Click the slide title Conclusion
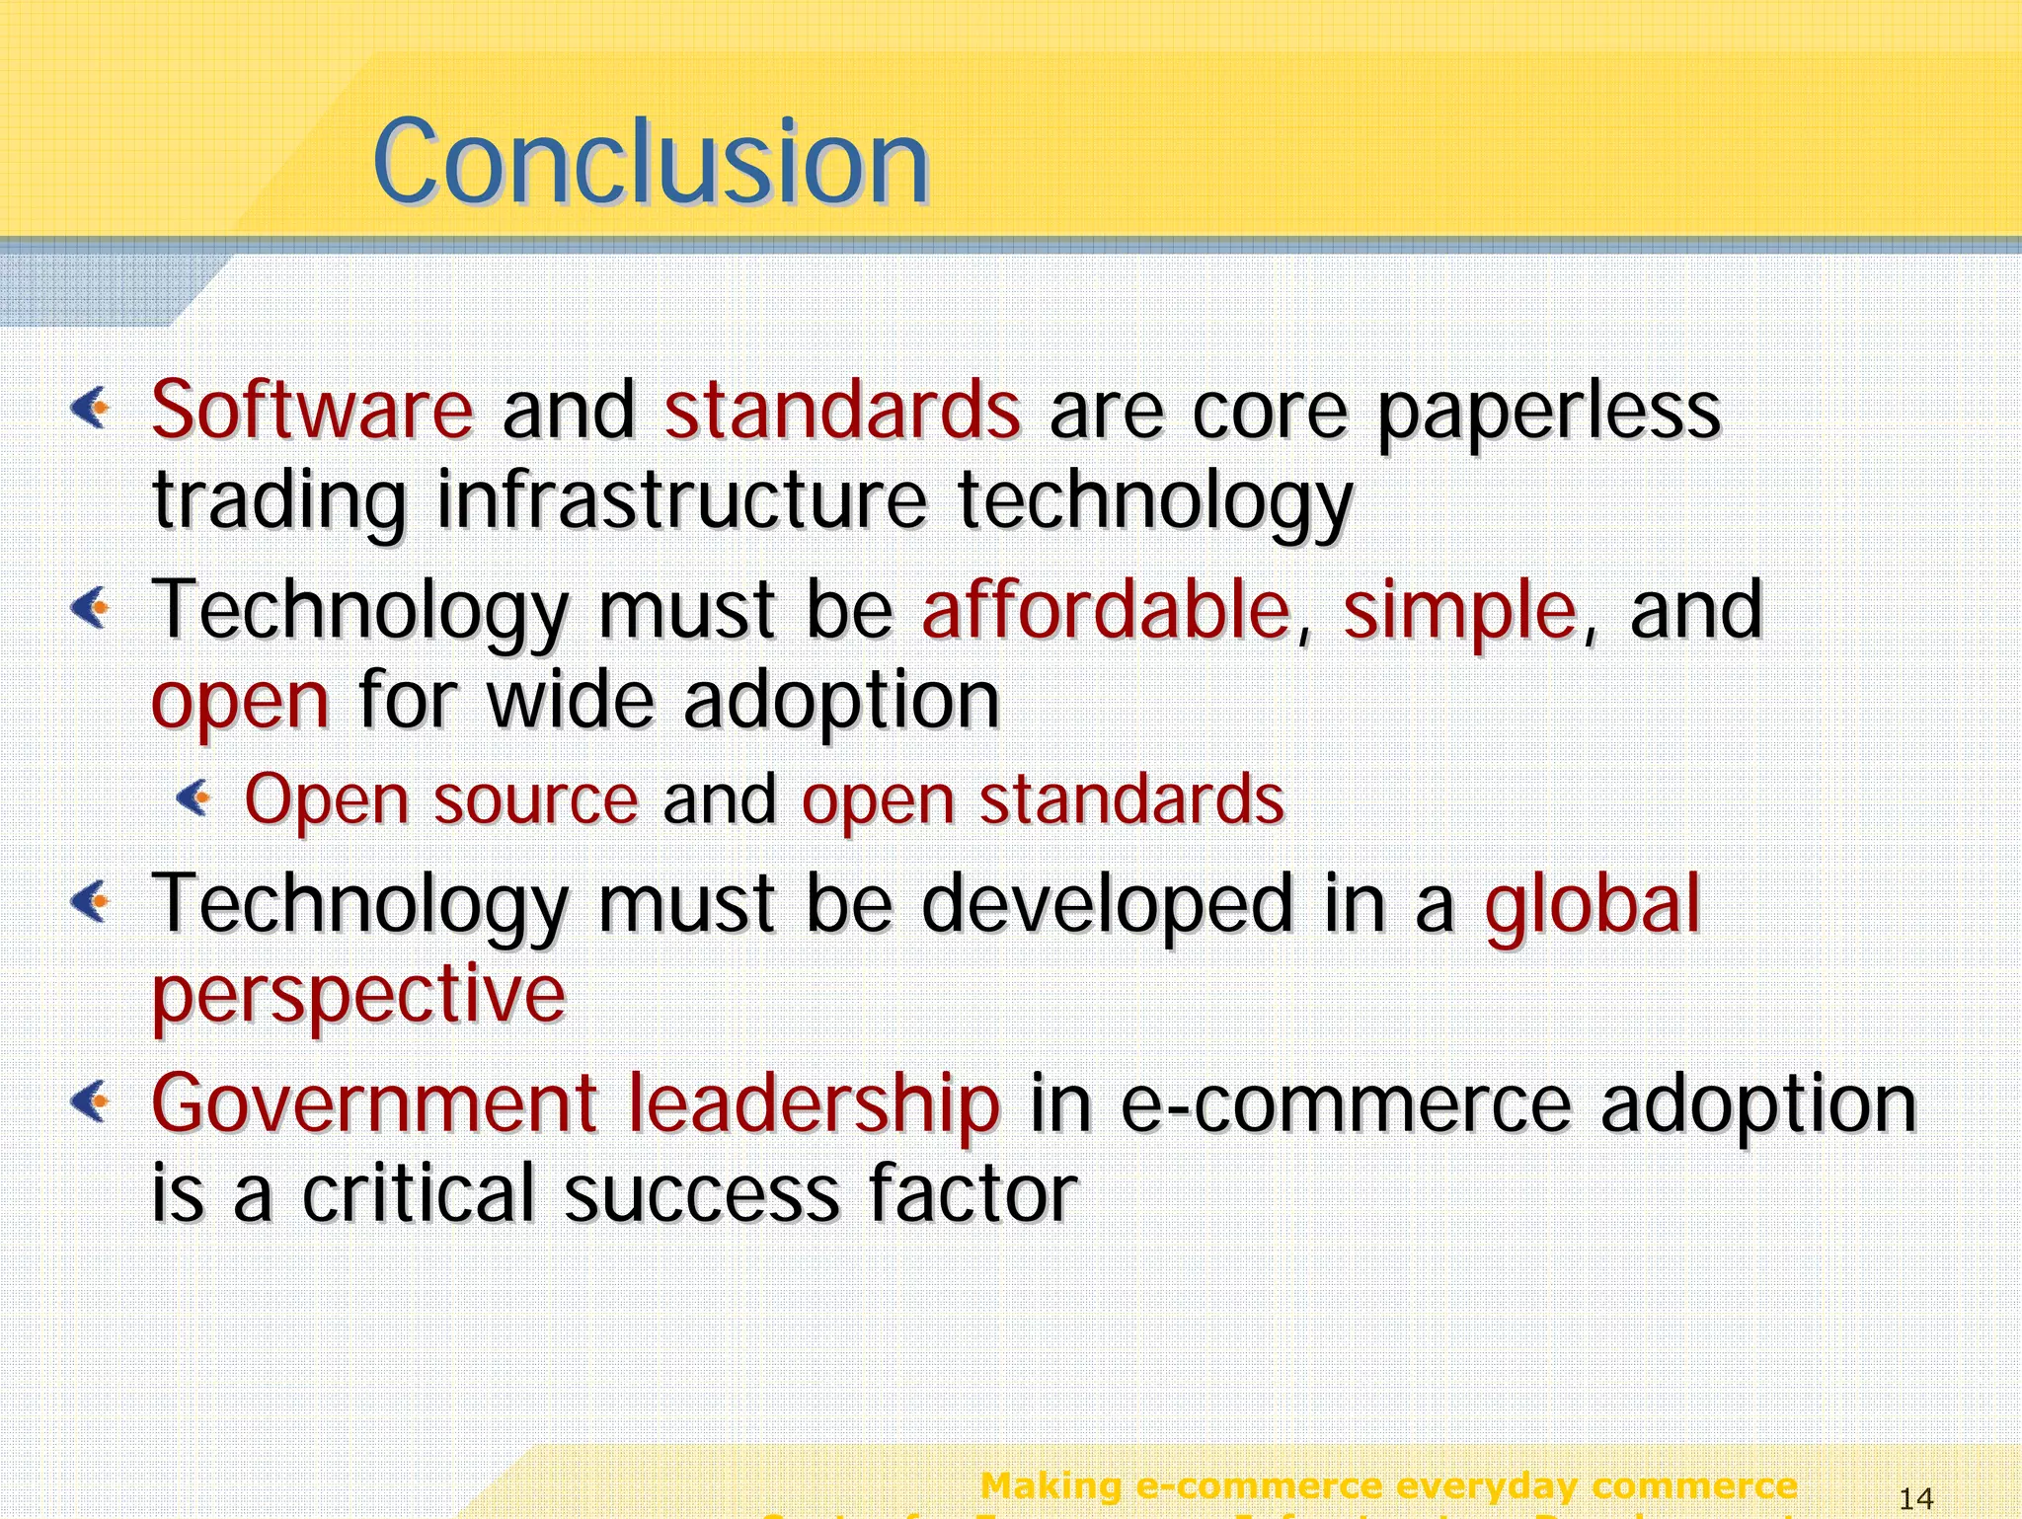[651, 161]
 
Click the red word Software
[312, 410]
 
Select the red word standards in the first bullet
[842, 410]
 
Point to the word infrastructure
[681, 500]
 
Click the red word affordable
[1106, 609]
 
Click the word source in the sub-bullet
[536, 799]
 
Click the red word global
[1593, 903]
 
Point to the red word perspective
[358, 996]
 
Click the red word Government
[375, 1102]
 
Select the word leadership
[815, 1102]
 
